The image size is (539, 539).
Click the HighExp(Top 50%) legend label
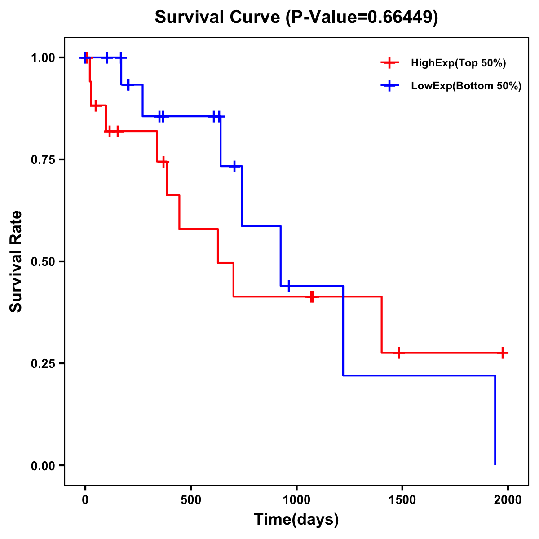coord(458,63)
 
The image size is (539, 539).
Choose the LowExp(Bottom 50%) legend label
coord(466,86)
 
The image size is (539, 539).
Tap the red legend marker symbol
coord(389,63)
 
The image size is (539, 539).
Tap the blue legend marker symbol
coord(389,86)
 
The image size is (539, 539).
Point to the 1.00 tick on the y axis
coord(43,58)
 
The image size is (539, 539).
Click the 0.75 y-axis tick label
coord(43,160)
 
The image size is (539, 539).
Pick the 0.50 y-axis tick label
coord(43,262)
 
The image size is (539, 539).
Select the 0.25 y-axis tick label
coord(43,364)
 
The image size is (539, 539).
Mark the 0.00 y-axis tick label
coord(43,466)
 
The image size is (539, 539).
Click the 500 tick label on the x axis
coord(191,500)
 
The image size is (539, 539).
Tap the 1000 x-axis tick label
coord(296,500)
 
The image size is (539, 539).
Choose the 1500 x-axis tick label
coord(402,500)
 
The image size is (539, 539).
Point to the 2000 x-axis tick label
coord(508,500)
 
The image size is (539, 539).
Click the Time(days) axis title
coord(296,520)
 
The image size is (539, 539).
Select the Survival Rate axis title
coord(16,261)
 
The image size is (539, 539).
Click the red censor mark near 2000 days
coord(503,353)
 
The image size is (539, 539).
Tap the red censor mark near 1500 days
coord(398,353)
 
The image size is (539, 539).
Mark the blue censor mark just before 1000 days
coord(288,286)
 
